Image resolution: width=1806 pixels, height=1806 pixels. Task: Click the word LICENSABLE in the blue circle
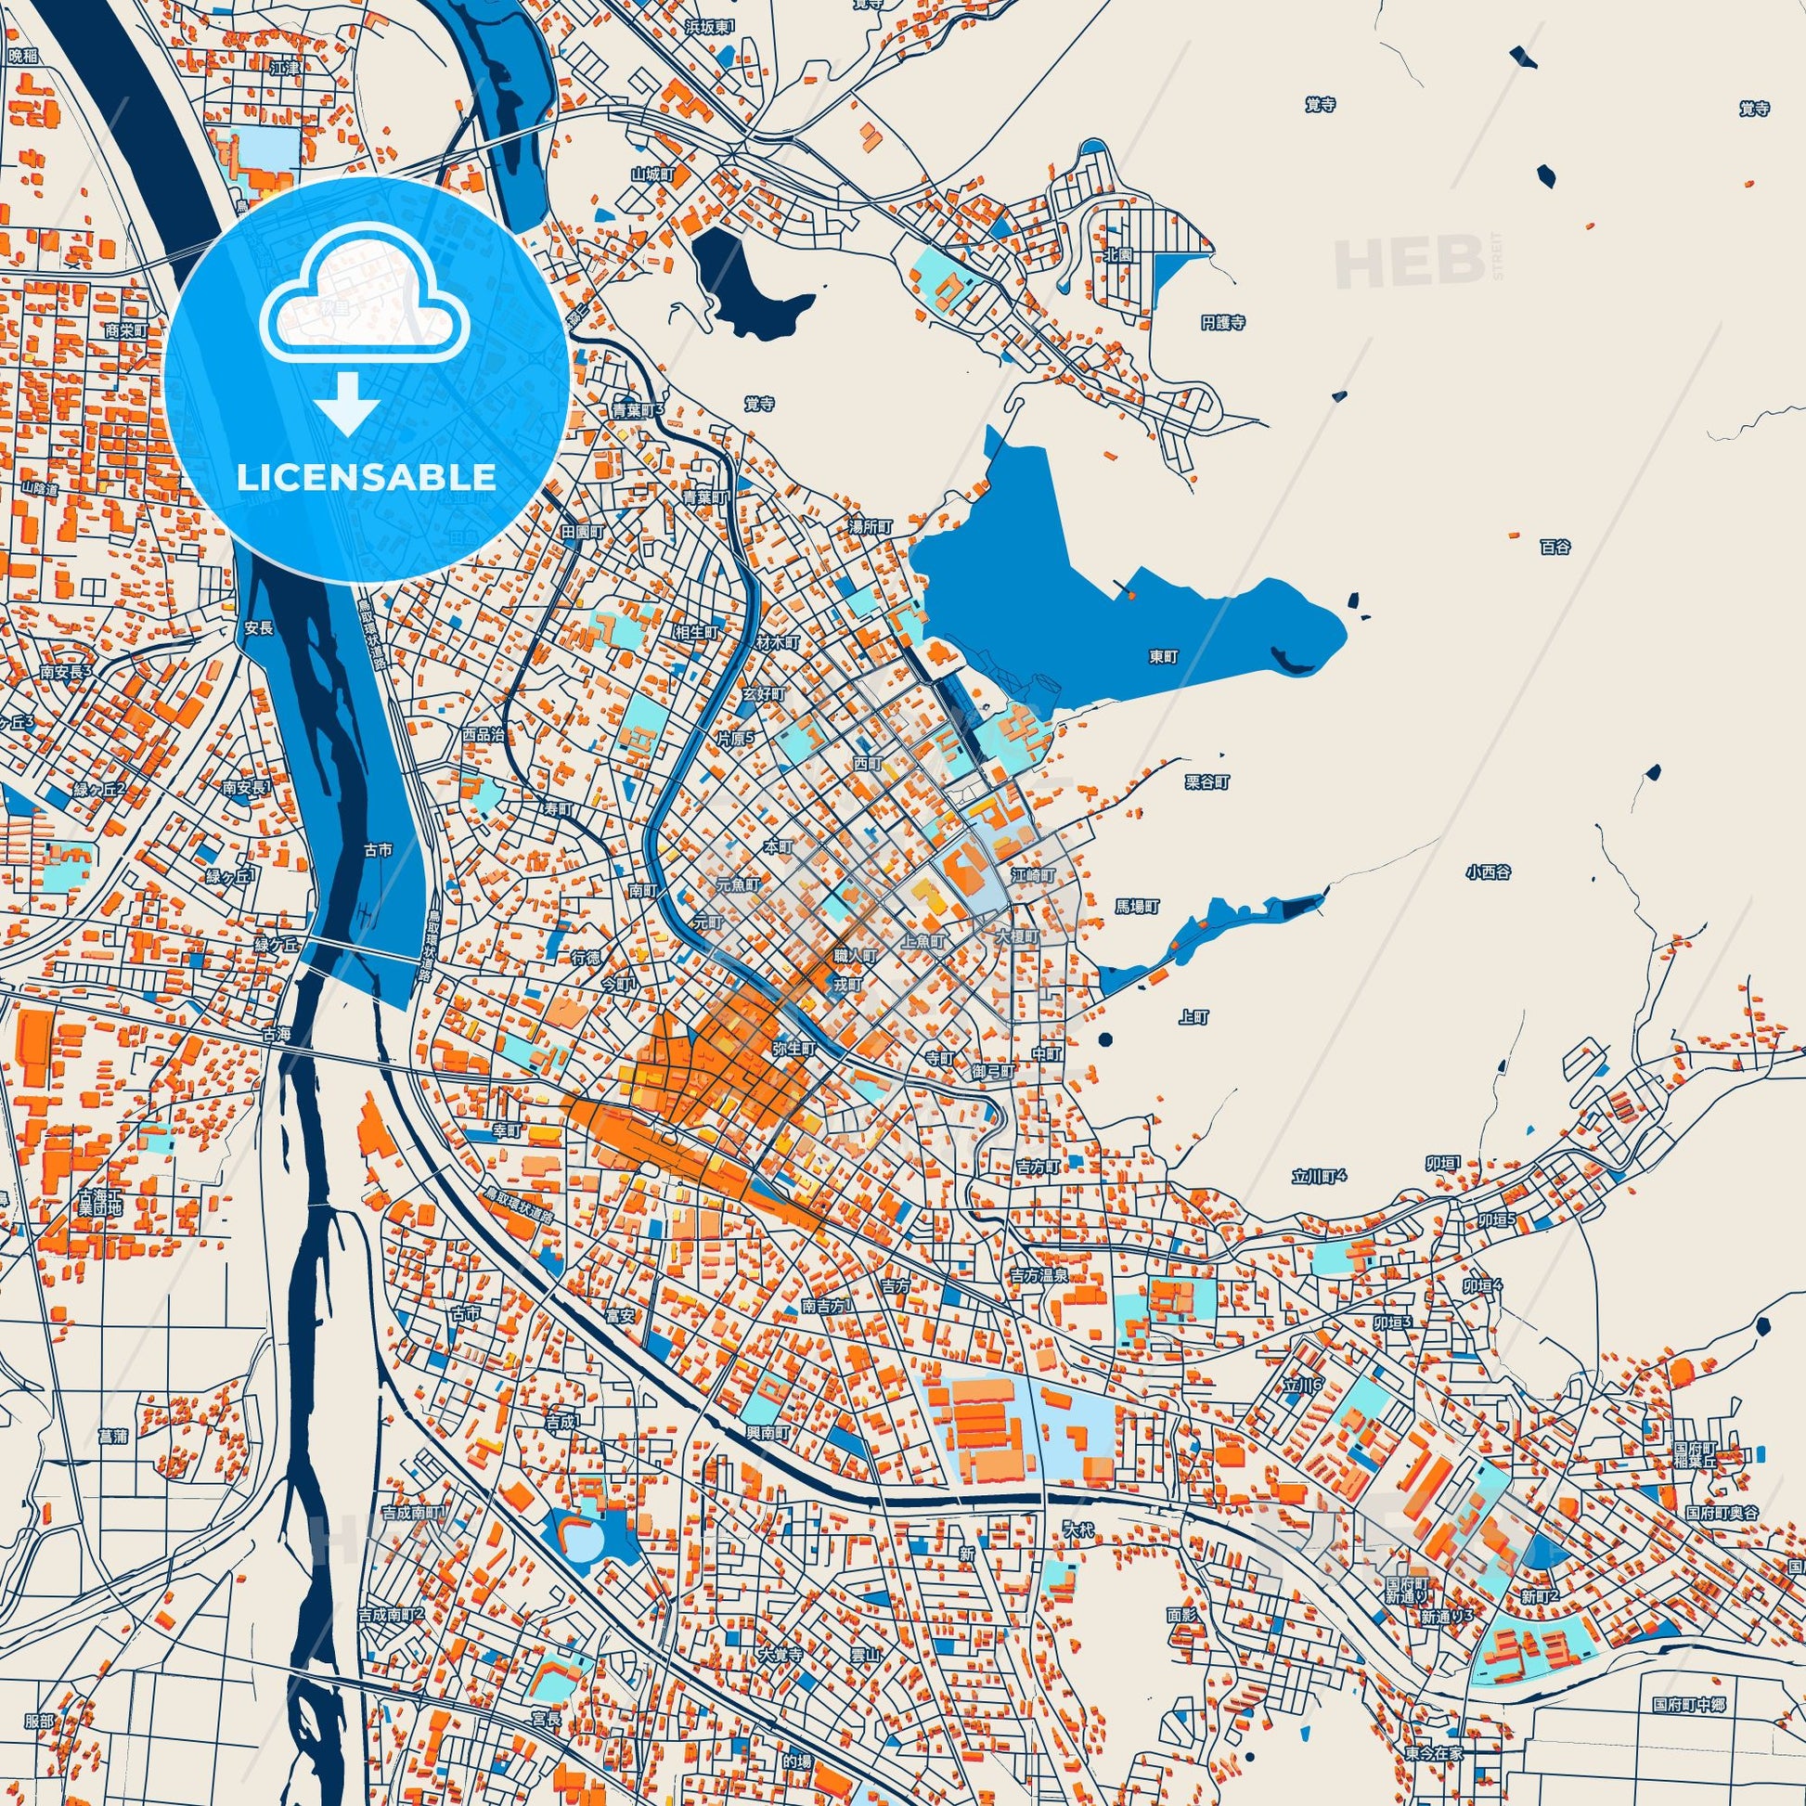tap(367, 478)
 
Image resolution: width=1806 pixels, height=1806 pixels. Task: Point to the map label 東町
tap(1164, 657)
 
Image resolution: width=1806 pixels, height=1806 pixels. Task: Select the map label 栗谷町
tap(1206, 782)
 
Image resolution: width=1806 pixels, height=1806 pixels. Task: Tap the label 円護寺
tap(1223, 323)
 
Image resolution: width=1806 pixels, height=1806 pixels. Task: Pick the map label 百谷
tap(1555, 548)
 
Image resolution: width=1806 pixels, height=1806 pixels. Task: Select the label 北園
tap(1118, 254)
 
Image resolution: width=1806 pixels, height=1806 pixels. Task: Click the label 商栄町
tap(126, 330)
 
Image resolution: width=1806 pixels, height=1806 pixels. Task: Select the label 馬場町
tap(1137, 907)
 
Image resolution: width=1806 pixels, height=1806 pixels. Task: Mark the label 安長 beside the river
tap(259, 629)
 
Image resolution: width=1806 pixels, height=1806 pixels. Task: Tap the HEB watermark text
tap(1410, 263)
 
